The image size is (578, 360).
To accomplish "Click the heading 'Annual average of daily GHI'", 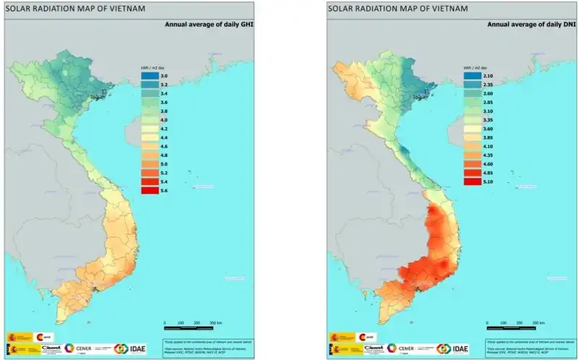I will [x=210, y=25].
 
